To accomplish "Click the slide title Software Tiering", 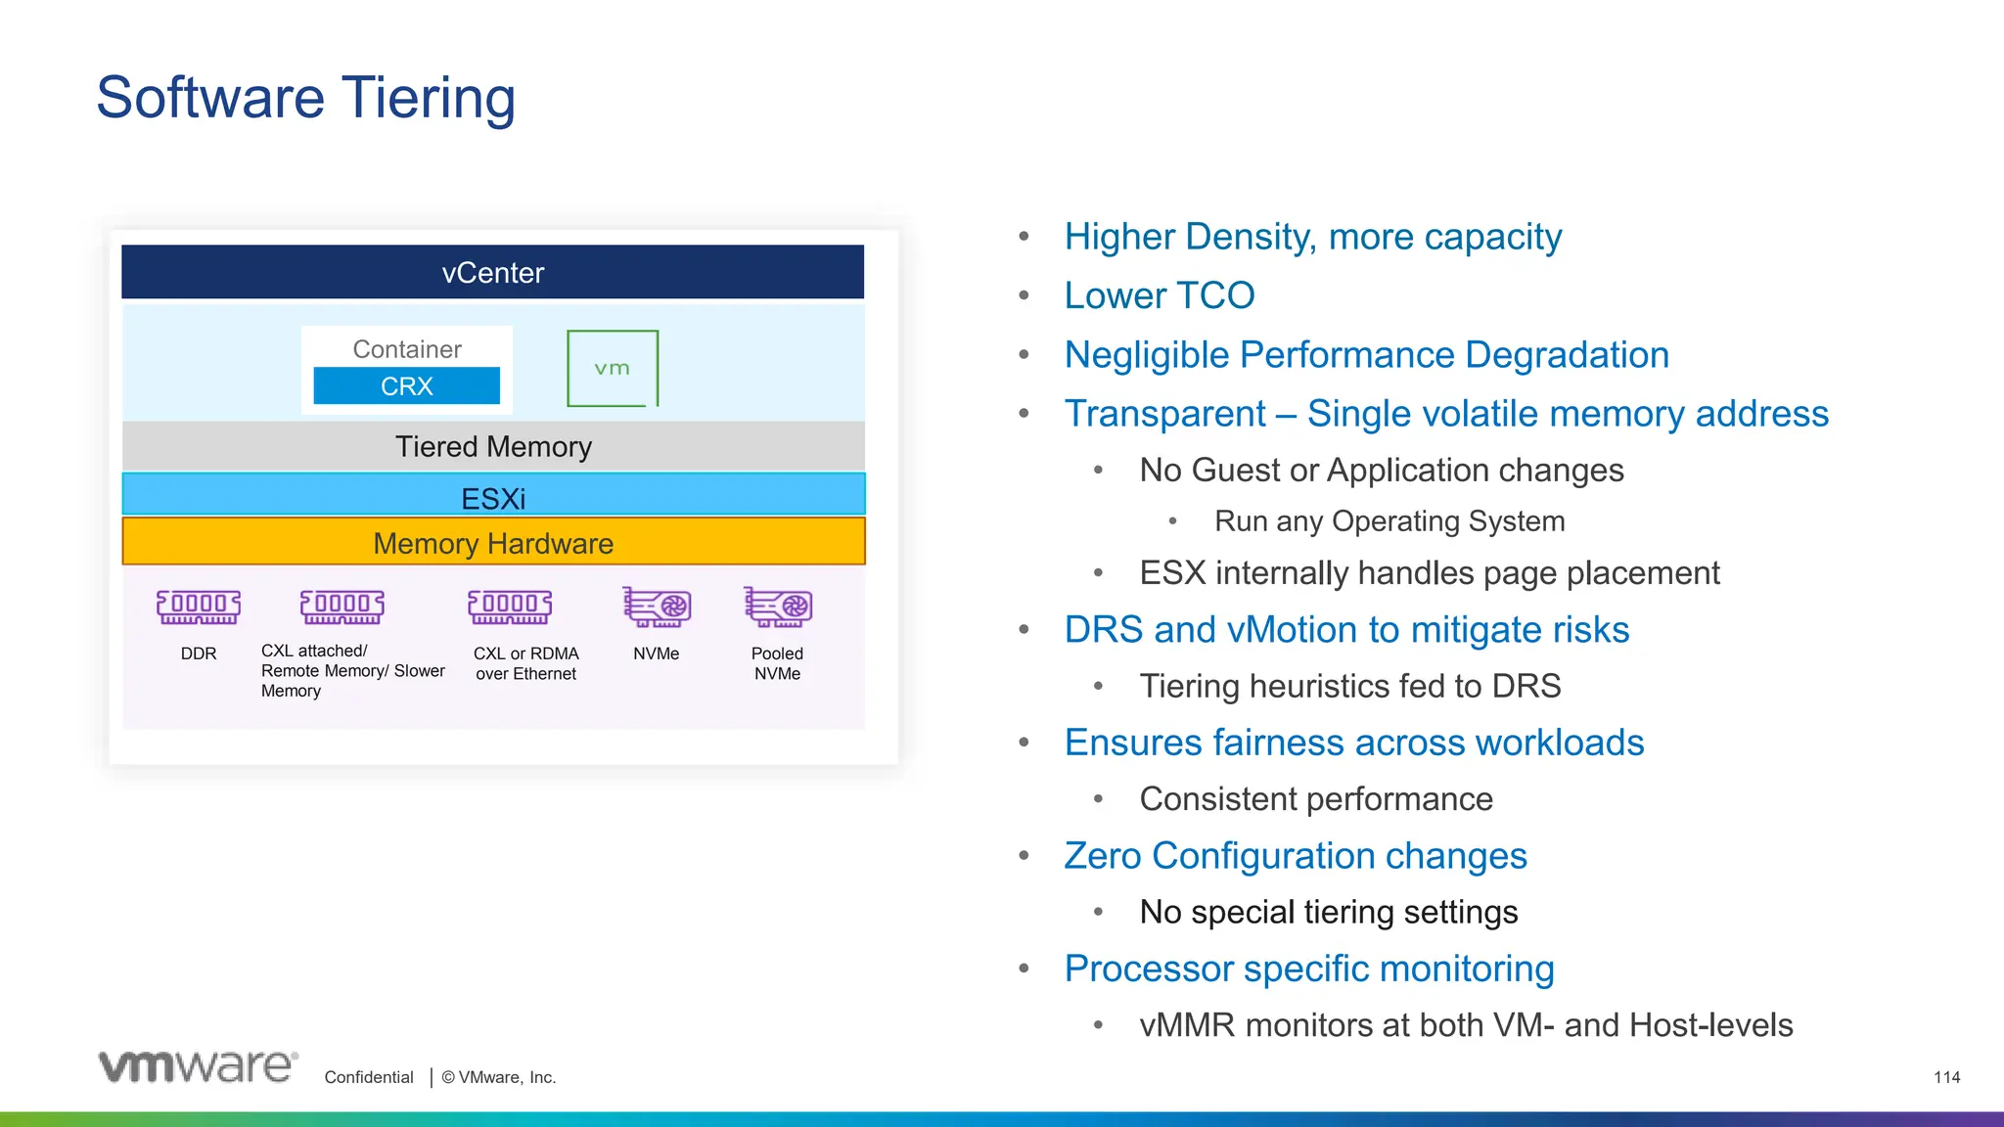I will click(x=305, y=98).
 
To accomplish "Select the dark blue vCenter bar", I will click(x=492, y=272).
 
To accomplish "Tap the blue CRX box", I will click(x=406, y=385).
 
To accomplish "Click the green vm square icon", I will click(x=613, y=368).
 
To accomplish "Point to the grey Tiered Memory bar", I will click(x=493, y=446).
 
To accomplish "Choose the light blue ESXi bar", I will click(x=493, y=497).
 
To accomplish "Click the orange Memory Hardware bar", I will click(x=493, y=542).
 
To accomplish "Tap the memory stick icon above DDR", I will click(x=199, y=607).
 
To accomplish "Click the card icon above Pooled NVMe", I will click(x=778, y=607).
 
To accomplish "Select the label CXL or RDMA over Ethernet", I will click(x=525, y=663).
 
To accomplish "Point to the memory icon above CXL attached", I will click(x=342, y=607).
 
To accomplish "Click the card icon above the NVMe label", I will click(x=657, y=607).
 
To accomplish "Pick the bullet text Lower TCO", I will click(x=1159, y=295).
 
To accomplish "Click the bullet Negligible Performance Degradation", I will click(x=1366, y=354).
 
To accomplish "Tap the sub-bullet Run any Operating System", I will click(x=1389, y=520).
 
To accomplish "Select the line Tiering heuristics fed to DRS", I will click(x=1349, y=686).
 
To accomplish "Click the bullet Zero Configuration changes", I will click(x=1295, y=856).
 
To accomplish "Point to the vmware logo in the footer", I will click(x=198, y=1065).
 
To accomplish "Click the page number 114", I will click(x=1946, y=1077).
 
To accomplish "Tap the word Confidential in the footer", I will click(x=369, y=1077).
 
